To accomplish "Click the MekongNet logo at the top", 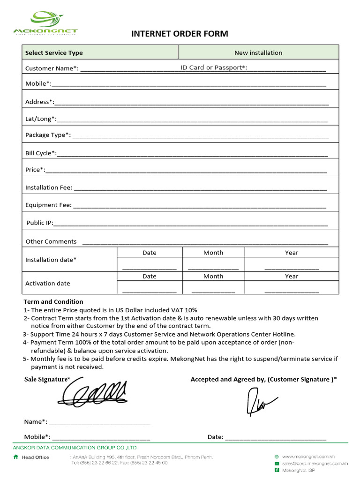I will (45, 23).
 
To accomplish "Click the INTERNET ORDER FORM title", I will (180, 34).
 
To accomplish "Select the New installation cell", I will (258, 52).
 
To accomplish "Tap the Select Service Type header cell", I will (54, 53).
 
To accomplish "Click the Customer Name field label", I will (52, 68).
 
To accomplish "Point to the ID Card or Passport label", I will (214, 68).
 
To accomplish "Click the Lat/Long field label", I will (40, 119).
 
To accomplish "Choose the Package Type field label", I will (48, 135).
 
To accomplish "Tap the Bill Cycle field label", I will (41, 153).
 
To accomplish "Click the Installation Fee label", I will (49, 187).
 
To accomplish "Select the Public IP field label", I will (40, 223).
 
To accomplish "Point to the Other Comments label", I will (51, 241).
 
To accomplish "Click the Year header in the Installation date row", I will (292, 253).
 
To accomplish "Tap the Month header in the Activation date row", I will (213, 277).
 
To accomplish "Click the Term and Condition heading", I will (53, 302).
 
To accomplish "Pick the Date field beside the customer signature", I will (275, 437).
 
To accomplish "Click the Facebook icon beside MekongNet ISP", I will (277, 470).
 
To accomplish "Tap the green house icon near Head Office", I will (16, 457).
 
